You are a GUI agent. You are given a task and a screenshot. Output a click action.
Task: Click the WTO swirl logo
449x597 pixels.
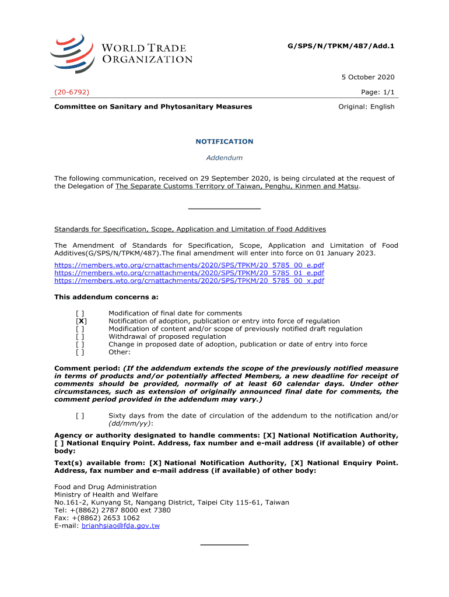72,54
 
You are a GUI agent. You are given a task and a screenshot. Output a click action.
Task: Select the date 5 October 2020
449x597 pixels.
368,77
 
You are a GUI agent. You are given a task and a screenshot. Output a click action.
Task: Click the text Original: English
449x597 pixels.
367,107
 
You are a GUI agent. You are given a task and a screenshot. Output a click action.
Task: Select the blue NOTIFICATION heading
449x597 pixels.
224,142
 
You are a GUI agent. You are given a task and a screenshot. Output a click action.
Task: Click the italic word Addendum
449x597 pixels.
224,158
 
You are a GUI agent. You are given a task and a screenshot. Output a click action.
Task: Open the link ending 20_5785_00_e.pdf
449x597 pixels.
189,265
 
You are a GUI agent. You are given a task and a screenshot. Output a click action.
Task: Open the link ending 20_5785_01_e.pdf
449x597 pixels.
189,273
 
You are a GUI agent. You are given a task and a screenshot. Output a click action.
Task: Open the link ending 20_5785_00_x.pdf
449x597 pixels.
189,280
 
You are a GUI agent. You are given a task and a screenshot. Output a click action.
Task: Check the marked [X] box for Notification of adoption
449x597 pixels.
82,321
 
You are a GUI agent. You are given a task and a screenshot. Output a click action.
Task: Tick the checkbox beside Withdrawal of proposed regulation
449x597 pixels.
80,336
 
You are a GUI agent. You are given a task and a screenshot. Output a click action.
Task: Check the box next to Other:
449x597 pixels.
80,352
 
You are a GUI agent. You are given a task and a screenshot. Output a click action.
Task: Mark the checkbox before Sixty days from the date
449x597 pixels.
80,416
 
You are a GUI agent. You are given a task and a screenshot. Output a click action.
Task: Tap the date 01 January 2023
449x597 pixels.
345,254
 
